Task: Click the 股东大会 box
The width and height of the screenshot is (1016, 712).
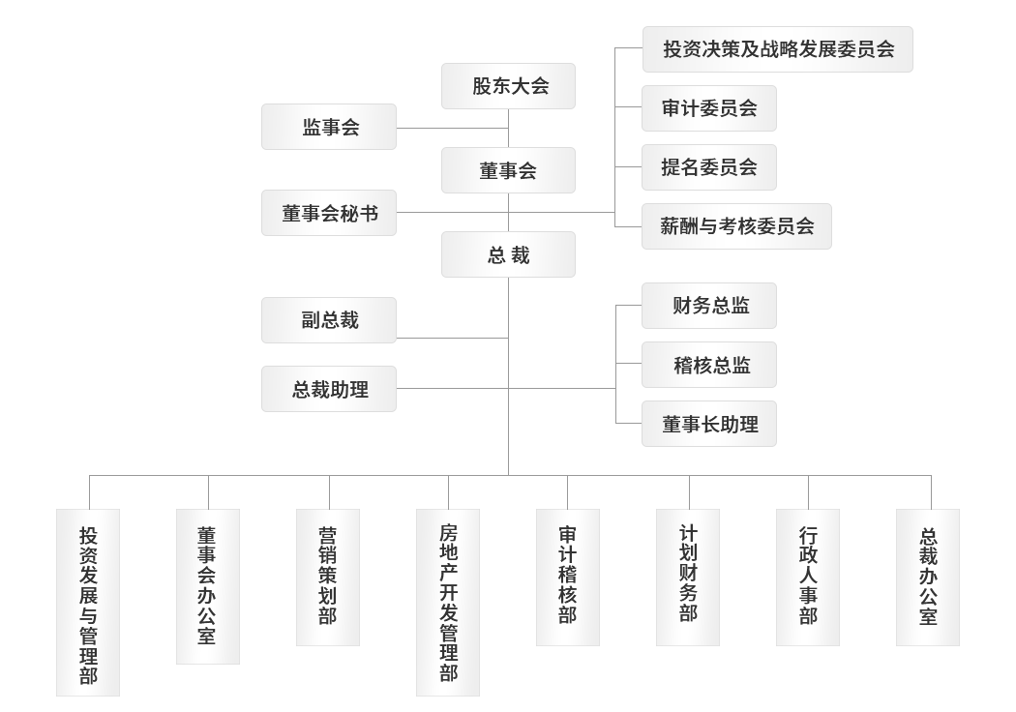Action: (x=508, y=86)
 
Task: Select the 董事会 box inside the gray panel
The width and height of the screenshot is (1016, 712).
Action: (x=508, y=170)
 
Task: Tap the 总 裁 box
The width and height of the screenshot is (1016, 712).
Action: (x=508, y=255)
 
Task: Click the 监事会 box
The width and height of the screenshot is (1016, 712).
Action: (x=329, y=127)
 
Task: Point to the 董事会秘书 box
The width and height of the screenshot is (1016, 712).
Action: (x=329, y=214)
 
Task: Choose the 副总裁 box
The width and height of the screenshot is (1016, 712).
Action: (x=329, y=320)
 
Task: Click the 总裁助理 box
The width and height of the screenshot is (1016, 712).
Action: (x=329, y=389)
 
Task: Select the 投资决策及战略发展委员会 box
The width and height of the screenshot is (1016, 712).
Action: (x=778, y=49)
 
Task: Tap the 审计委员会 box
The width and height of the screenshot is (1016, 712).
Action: (x=709, y=108)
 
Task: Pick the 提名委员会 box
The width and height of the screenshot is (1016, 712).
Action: (x=709, y=167)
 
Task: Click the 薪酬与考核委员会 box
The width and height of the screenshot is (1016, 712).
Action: (x=736, y=226)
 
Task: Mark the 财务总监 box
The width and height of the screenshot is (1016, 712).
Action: (x=709, y=307)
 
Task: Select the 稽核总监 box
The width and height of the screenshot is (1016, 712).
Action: (x=709, y=365)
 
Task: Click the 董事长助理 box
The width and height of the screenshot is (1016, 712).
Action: (x=709, y=424)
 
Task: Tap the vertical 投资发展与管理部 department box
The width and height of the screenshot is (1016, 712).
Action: (x=88, y=603)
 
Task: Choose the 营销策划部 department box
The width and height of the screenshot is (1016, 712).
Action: (x=328, y=577)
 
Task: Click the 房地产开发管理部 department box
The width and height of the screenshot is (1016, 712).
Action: (x=448, y=603)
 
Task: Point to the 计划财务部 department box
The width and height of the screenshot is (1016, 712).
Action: (x=688, y=577)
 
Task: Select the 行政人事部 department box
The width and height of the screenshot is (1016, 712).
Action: (x=808, y=577)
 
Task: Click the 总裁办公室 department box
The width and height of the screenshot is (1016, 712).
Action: (x=928, y=577)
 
